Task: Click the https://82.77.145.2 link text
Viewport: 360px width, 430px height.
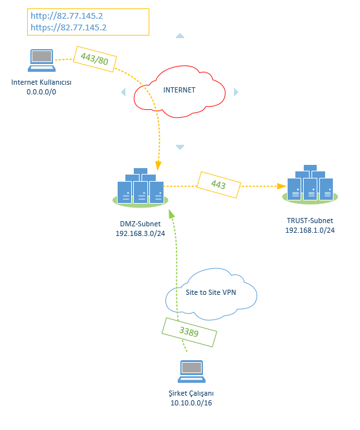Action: pos(69,27)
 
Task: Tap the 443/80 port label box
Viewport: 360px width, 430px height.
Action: pos(95,58)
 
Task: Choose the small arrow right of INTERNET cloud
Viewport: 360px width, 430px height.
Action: pos(236,92)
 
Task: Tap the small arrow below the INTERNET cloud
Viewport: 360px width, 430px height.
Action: pos(180,147)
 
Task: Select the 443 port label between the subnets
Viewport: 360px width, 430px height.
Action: pos(218,185)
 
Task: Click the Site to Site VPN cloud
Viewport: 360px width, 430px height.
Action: pos(212,294)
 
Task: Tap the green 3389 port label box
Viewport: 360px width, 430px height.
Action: pos(189,332)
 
